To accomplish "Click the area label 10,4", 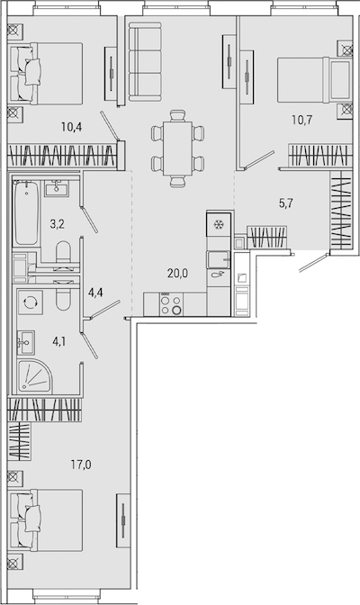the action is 72,127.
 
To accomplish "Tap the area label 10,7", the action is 301,120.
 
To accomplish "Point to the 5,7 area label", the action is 286,203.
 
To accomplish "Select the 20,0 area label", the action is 177,274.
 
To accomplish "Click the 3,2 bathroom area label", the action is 57,224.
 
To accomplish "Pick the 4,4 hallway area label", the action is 95,293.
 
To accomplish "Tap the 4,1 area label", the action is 59,341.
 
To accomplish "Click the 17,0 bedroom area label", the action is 81,465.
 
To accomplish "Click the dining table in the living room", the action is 177,149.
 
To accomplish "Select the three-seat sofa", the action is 145,62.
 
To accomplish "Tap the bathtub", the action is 26,213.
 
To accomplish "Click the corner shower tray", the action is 34,376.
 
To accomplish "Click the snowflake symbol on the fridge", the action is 219,224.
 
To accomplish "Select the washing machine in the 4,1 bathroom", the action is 30,302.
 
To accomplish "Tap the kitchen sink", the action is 219,259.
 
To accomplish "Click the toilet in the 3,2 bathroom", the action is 63,254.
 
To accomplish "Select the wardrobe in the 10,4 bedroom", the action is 62,155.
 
